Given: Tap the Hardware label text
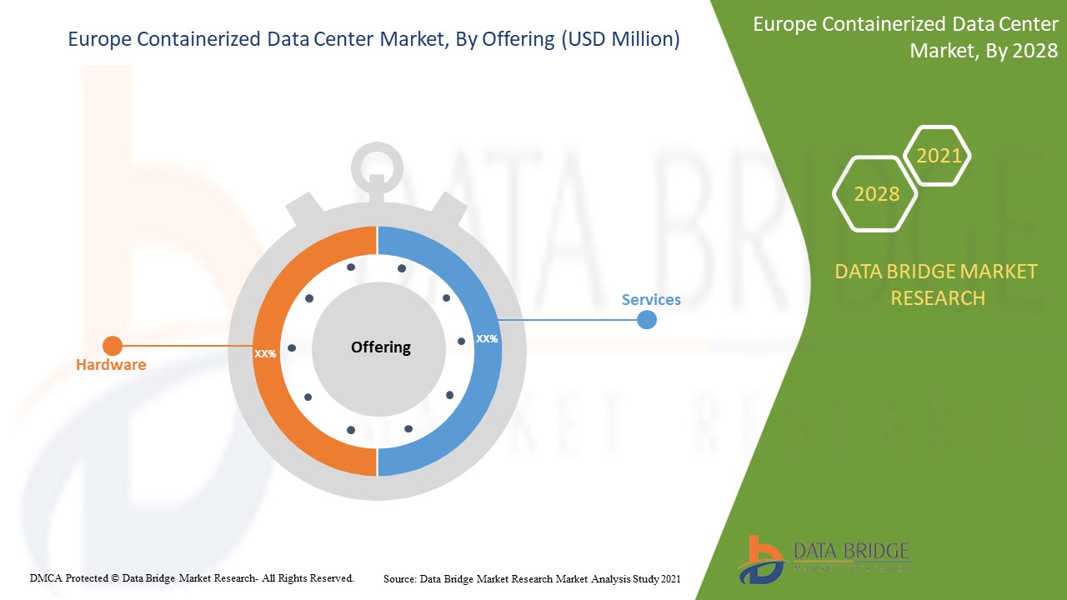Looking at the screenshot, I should [111, 365].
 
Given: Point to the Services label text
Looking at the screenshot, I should [651, 300].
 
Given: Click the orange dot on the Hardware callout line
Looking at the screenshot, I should [112, 346].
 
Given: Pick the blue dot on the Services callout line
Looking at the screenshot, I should [647, 319].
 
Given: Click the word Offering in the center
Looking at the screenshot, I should [381, 347].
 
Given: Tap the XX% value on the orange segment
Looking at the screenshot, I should [265, 354].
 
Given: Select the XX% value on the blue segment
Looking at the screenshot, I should [487, 339].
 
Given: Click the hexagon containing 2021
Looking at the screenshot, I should [938, 156].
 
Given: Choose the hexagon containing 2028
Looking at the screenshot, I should [876, 194].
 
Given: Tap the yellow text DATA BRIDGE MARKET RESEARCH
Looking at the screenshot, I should [937, 285].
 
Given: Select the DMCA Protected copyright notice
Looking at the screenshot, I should [192, 577].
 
